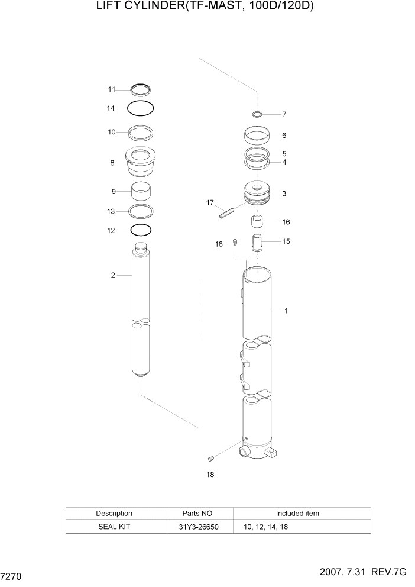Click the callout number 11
click(x=111, y=89)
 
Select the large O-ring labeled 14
click(x=141, y=108)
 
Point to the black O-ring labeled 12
click(x=141, y=230)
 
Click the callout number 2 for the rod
click(x=112, y=275)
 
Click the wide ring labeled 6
click(x=258, y=136)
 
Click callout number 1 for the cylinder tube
click(x=286, y=311)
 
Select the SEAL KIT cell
click(x=114, y=525)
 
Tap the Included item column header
click(x=297, y=513)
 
